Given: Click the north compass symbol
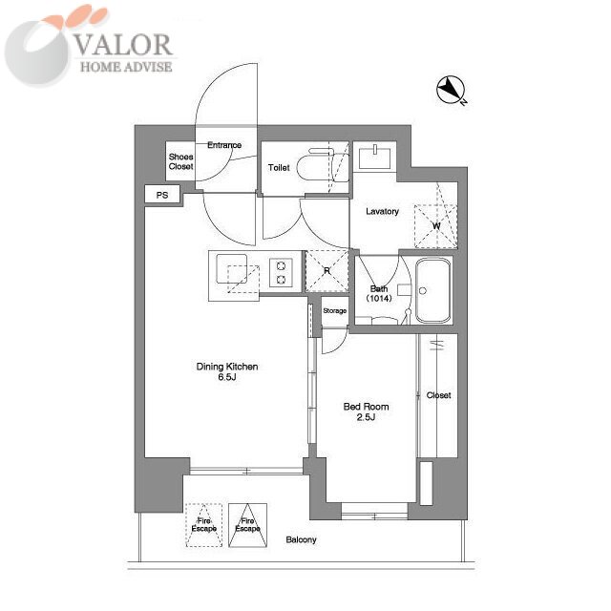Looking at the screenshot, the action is [x=451, y=91].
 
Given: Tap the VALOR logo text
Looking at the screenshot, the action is [x=123, y=45].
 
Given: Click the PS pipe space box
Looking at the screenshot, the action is [x=162, y=194].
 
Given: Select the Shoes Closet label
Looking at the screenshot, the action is [x=180, y=161].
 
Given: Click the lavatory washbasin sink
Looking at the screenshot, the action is [x=374, y=157].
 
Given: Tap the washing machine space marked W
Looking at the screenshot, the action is [x=435, y=226].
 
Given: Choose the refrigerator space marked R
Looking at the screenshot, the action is [x=327, y=271].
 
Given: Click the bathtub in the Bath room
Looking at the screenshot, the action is [x=432, y=290].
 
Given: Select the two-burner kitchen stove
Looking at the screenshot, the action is [x=281, y=273].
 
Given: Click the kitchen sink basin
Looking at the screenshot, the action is [x=231, y=268].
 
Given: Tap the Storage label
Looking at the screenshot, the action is [x=335, y=310].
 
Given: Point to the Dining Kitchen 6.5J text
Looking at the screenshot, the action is [x=227, y=371].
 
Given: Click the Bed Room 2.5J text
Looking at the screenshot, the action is [x=366, y=411].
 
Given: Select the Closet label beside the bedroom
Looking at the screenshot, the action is [x=438, y=395].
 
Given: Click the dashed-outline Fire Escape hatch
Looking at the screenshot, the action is [x=203, y=525].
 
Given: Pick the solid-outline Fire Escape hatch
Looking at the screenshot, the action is [x=247, y=525].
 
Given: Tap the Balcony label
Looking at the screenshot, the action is [x=301, y=539].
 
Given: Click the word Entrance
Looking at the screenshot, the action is [x=224, y=145].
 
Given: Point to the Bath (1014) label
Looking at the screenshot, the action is [x=379, y=293].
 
